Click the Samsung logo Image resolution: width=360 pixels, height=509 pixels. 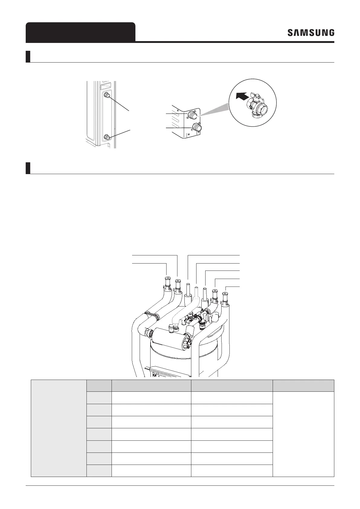311,33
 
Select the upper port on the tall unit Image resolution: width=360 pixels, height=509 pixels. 106,95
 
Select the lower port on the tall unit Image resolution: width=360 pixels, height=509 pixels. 106,137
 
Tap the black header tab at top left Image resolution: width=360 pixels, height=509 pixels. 80,32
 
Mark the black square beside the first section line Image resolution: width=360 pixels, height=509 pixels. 28,57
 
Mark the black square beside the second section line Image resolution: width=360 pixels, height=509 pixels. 28,168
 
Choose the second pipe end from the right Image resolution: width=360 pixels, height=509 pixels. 215,292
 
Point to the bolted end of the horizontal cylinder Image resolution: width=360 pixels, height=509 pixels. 185,344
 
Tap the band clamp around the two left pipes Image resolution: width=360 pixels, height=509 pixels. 153,316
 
